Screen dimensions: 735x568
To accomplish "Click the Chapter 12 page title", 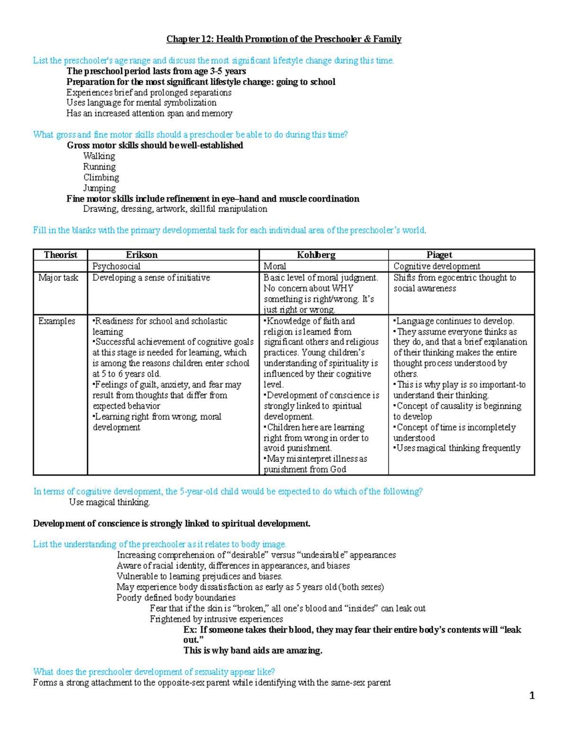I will pos(284,39).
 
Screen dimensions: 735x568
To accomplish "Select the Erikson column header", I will pos(142,255).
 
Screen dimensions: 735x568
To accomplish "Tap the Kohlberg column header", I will pos(316,255).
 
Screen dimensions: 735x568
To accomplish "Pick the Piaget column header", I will pos(439,255).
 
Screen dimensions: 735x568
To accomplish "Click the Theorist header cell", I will pos(60,255).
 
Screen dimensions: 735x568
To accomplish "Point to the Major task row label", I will pos(58,278).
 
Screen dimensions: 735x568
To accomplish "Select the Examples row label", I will pos(56,321).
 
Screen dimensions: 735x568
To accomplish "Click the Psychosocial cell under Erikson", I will pos(116,266).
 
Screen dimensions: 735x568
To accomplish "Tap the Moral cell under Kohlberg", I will pos(275,266).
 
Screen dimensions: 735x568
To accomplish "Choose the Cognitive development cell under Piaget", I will pos(436,266).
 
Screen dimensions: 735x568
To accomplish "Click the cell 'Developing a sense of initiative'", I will pos(151,278).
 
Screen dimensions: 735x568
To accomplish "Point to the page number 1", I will pos(532,695).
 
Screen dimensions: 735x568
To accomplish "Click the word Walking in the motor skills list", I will pos(99,156).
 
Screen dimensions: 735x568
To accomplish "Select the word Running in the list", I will pos(99,167).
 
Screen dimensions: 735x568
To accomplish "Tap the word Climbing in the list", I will pos(101,177).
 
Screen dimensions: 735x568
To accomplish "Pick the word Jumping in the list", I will pos(99,188).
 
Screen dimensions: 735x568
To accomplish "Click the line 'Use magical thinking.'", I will pos(109,502).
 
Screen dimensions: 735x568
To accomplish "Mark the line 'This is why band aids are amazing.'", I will pos(253,651).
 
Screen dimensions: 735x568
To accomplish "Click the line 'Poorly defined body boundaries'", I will pos(176,598).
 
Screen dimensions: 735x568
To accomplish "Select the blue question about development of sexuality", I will pos(154,672).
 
